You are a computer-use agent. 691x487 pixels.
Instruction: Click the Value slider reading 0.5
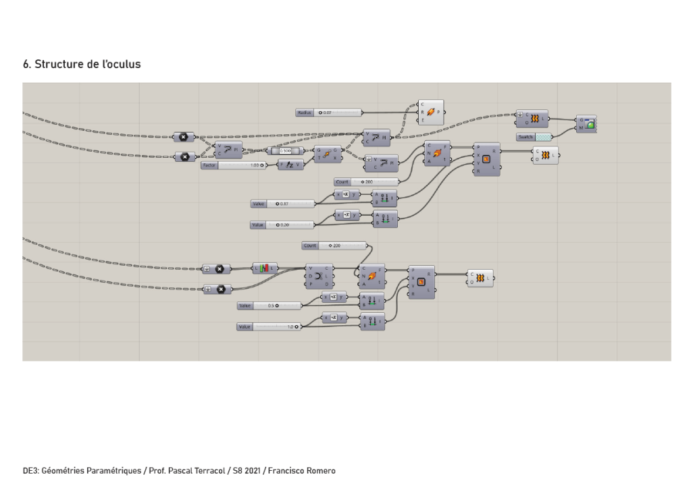click(270, 306)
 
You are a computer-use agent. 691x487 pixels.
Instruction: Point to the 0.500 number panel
click(284, 151)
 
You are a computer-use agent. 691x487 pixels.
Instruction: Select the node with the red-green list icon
click(265, 268)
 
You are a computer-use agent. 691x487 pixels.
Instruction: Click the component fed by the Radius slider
click(430, 113)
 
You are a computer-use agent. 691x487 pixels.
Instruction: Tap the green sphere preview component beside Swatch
click(586, 123)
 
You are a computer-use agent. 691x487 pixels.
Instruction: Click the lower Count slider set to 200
click(334, 246)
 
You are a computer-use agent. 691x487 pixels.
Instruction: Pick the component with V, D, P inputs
click(319, 275)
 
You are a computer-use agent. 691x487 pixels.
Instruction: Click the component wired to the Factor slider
click(290, 165)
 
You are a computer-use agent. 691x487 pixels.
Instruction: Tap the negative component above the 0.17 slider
click(347, 196)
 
